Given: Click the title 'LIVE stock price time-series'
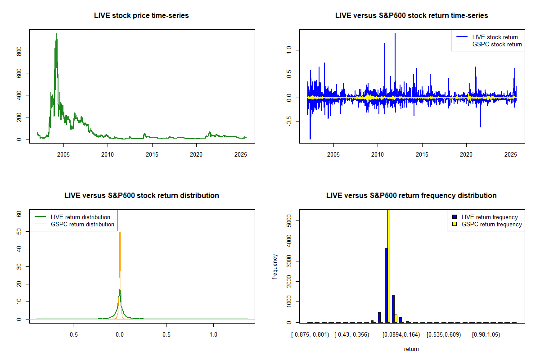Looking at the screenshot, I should [x=141, y=16].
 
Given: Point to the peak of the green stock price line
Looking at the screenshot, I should [x=56, y=34].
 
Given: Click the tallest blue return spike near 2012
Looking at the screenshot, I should [x=395, y=34].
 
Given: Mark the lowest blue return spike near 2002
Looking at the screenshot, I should [x=310, y=138].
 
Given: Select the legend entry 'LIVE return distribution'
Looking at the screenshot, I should [x=81, y=217].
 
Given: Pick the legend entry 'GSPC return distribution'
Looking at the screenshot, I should [x=82, y=224].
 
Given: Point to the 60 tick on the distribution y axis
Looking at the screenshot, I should [x=19, y=214].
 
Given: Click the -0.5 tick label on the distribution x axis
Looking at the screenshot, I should [x=72, y=335].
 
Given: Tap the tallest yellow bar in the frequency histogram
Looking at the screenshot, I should [x=389, y=265].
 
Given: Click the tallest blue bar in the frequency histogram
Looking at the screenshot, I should [x=386, y=285].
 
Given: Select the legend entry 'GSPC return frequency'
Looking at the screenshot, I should [x=491, y=224].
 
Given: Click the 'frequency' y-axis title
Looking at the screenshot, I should [x=275, y=266].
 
